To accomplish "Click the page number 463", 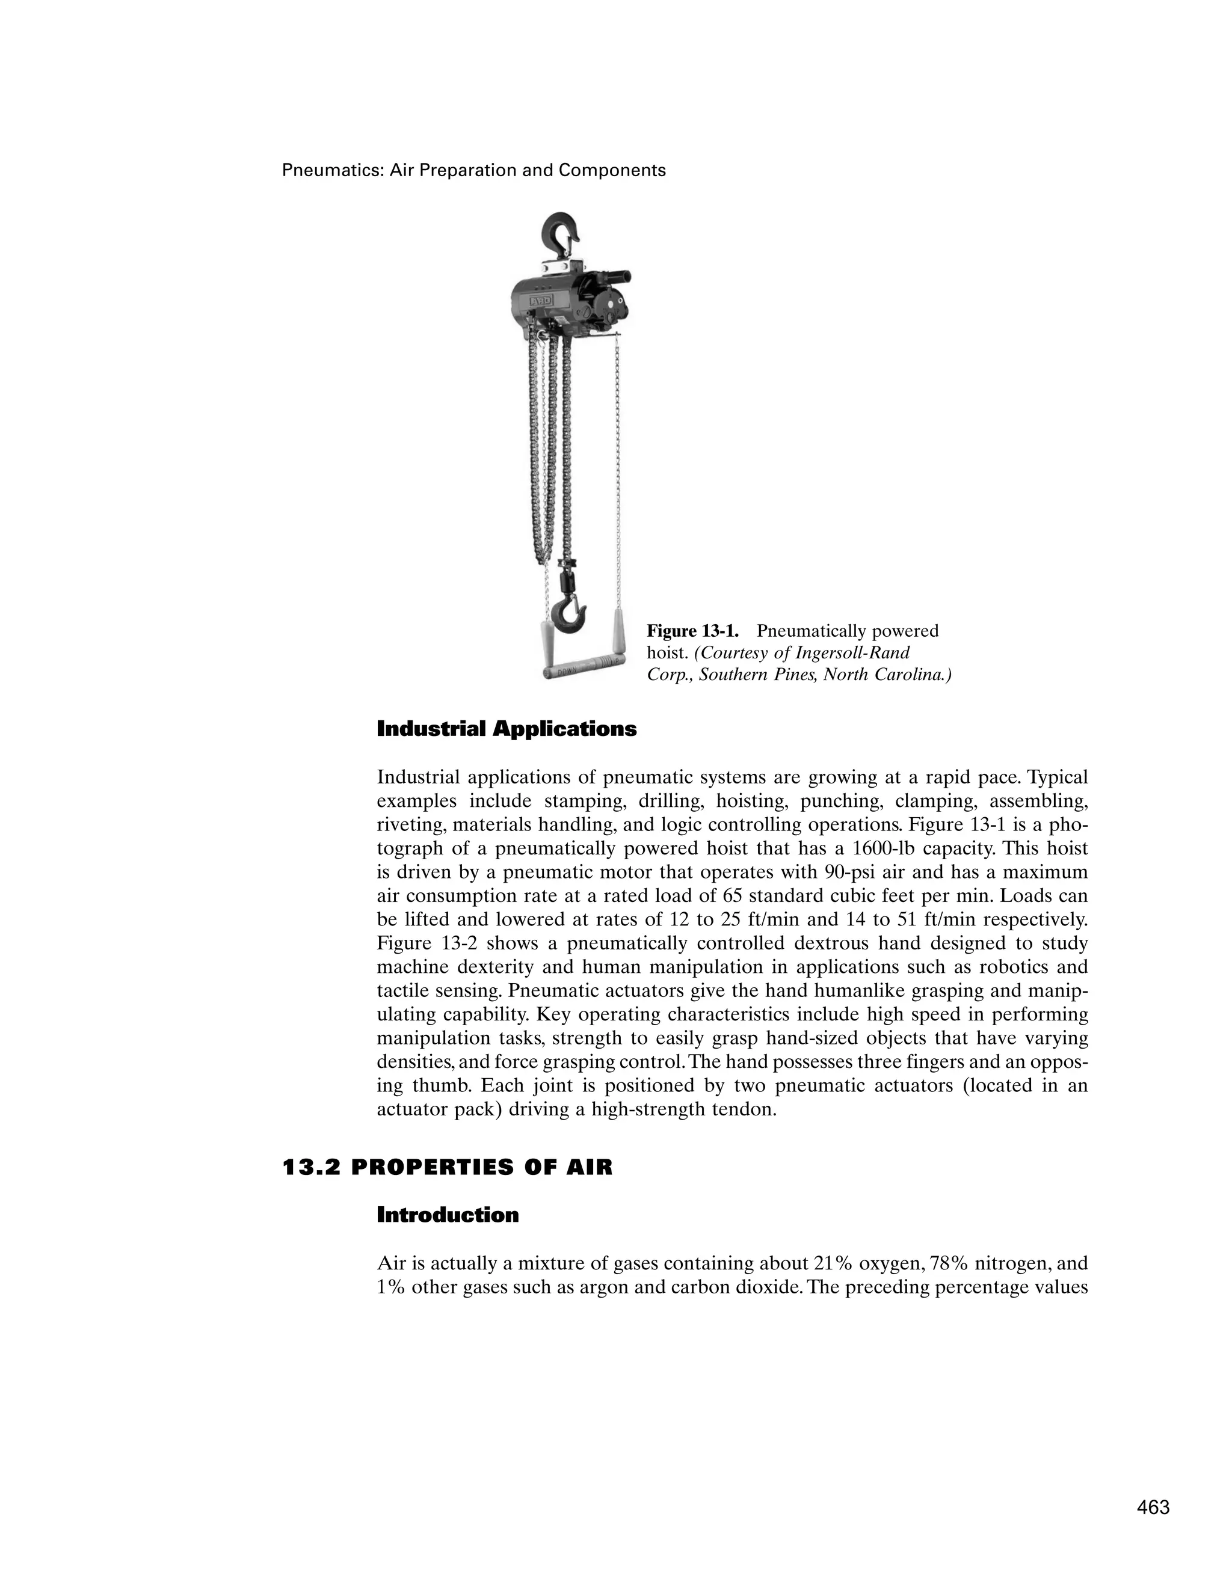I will point(1153,1507).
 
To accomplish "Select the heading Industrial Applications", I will point(506,729).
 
